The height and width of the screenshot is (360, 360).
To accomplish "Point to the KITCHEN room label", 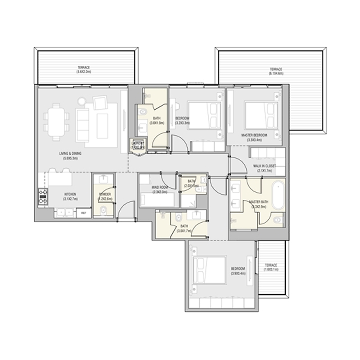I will point(70,195).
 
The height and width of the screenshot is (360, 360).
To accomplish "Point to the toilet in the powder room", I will point(103,209).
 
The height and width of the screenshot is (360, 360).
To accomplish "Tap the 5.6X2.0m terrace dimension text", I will point(84,71).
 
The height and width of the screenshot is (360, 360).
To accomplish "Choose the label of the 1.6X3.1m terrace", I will point(272,267).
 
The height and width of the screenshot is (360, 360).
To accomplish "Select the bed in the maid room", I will point(154,198).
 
